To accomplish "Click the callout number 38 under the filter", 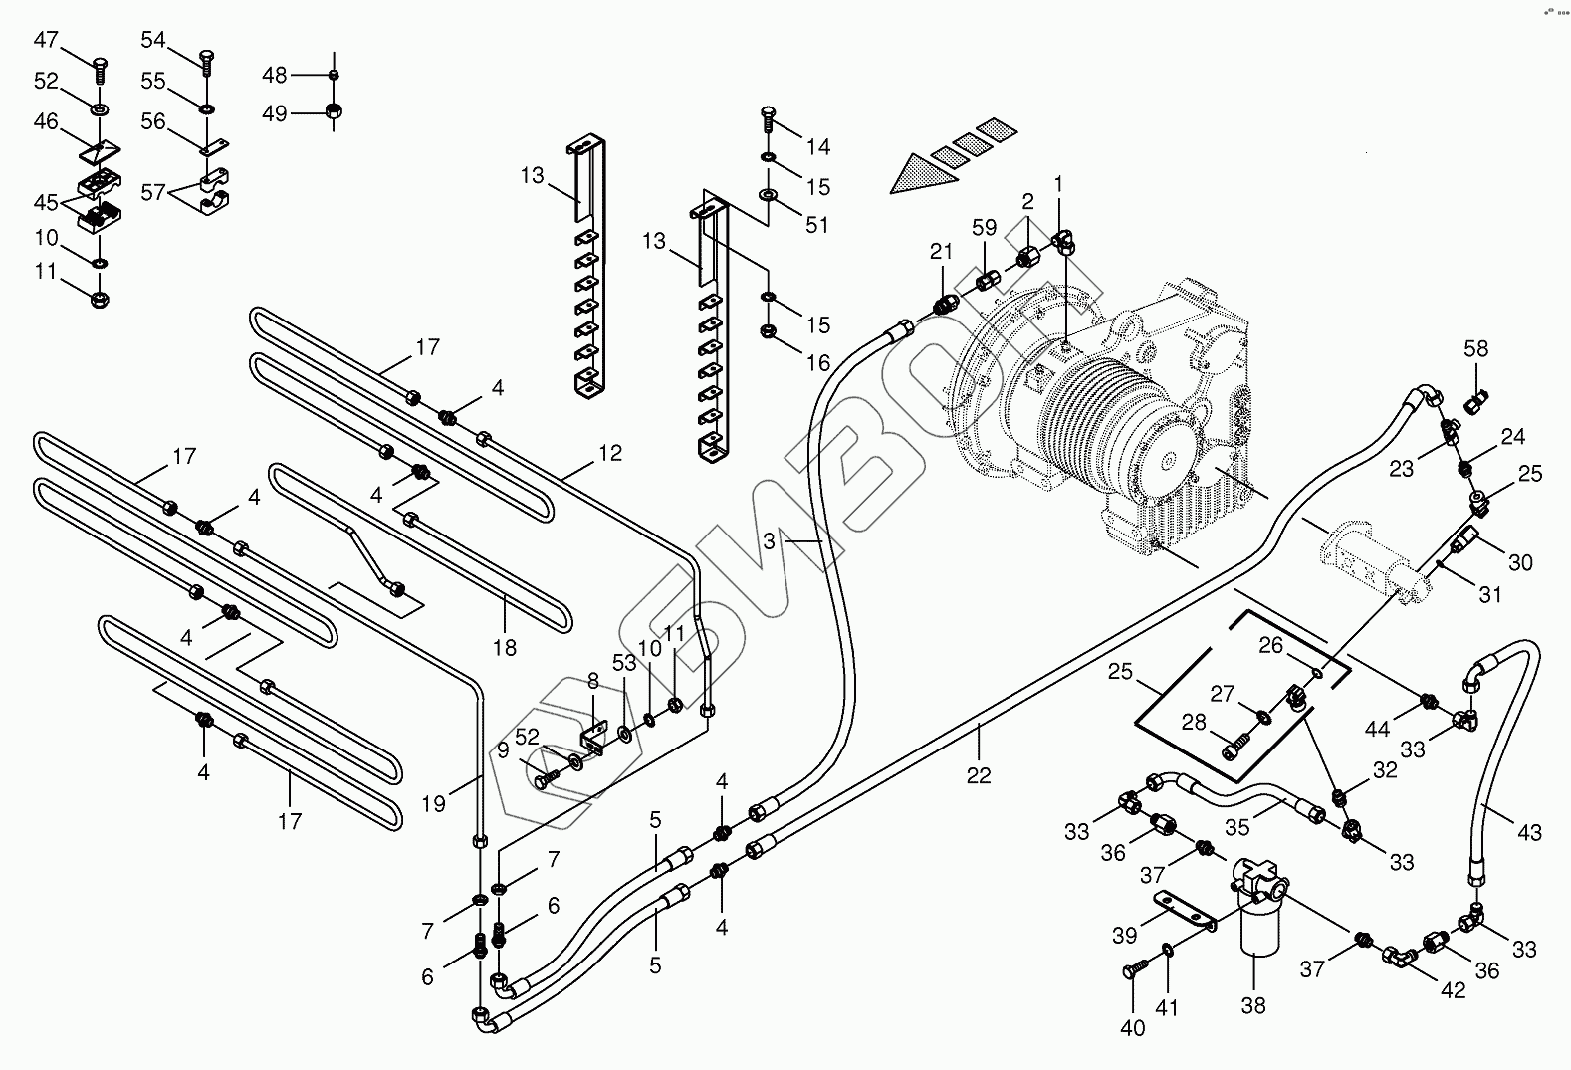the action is tap(1253, 1006).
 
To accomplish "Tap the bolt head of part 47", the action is tap(100, 65).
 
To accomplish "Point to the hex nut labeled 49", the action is tap(334, 111).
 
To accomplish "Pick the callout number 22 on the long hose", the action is tap(979, 775).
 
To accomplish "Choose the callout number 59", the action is tap(984, 228).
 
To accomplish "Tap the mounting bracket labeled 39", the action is tap(1186, 911).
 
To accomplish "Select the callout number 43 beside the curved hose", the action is tap(1529, 832).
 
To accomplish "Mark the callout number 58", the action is tap(1475, 348).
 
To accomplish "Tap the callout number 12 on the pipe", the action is tap(610, 453).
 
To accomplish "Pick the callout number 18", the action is tap(505, 647).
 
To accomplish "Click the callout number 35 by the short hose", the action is tap(1236, 827).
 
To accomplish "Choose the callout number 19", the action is tap(433, 803).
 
